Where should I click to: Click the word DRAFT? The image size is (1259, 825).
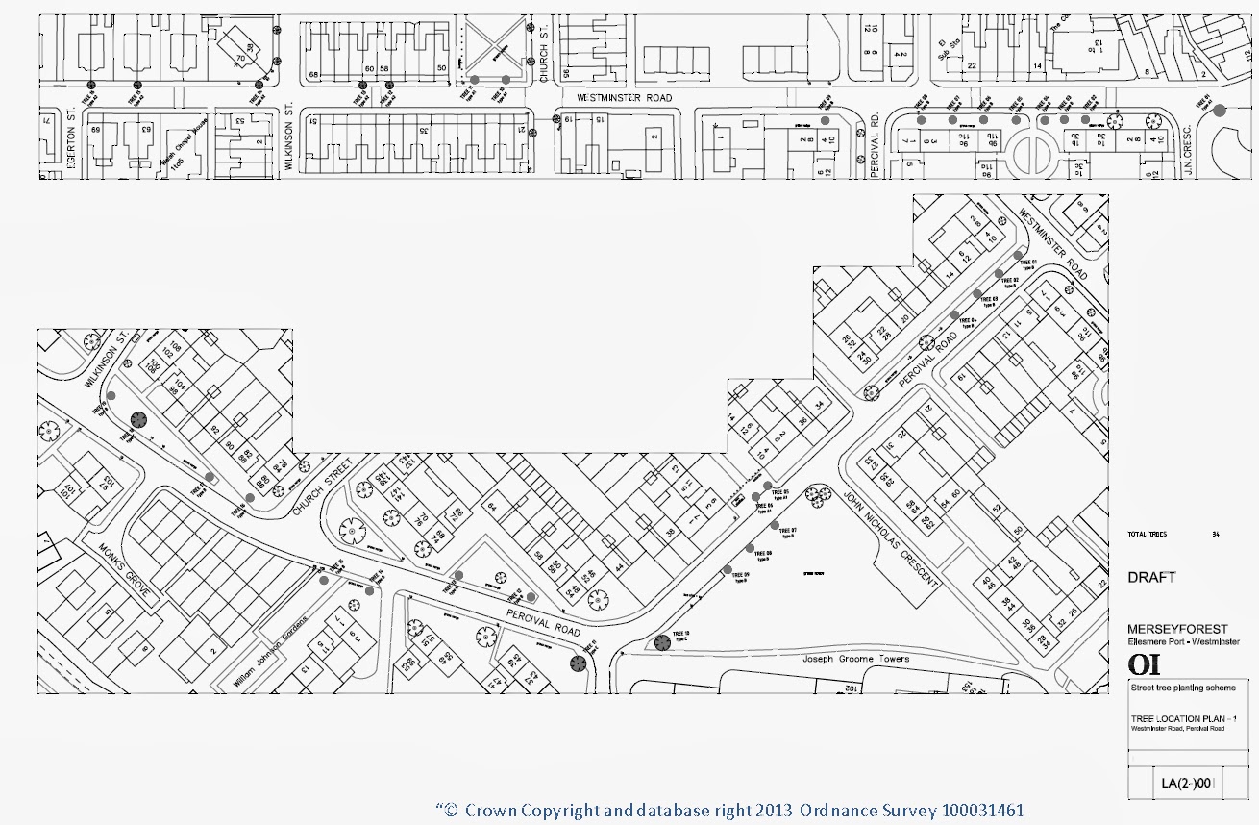(x=1151, y=578)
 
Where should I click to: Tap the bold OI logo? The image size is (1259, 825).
(x=1144, y=664)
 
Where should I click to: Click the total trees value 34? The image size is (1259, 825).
(x=1215, y=534)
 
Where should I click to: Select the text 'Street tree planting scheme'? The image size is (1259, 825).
(x=1173, y=688)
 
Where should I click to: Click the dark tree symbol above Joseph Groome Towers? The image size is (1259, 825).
(x=661, y=643)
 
